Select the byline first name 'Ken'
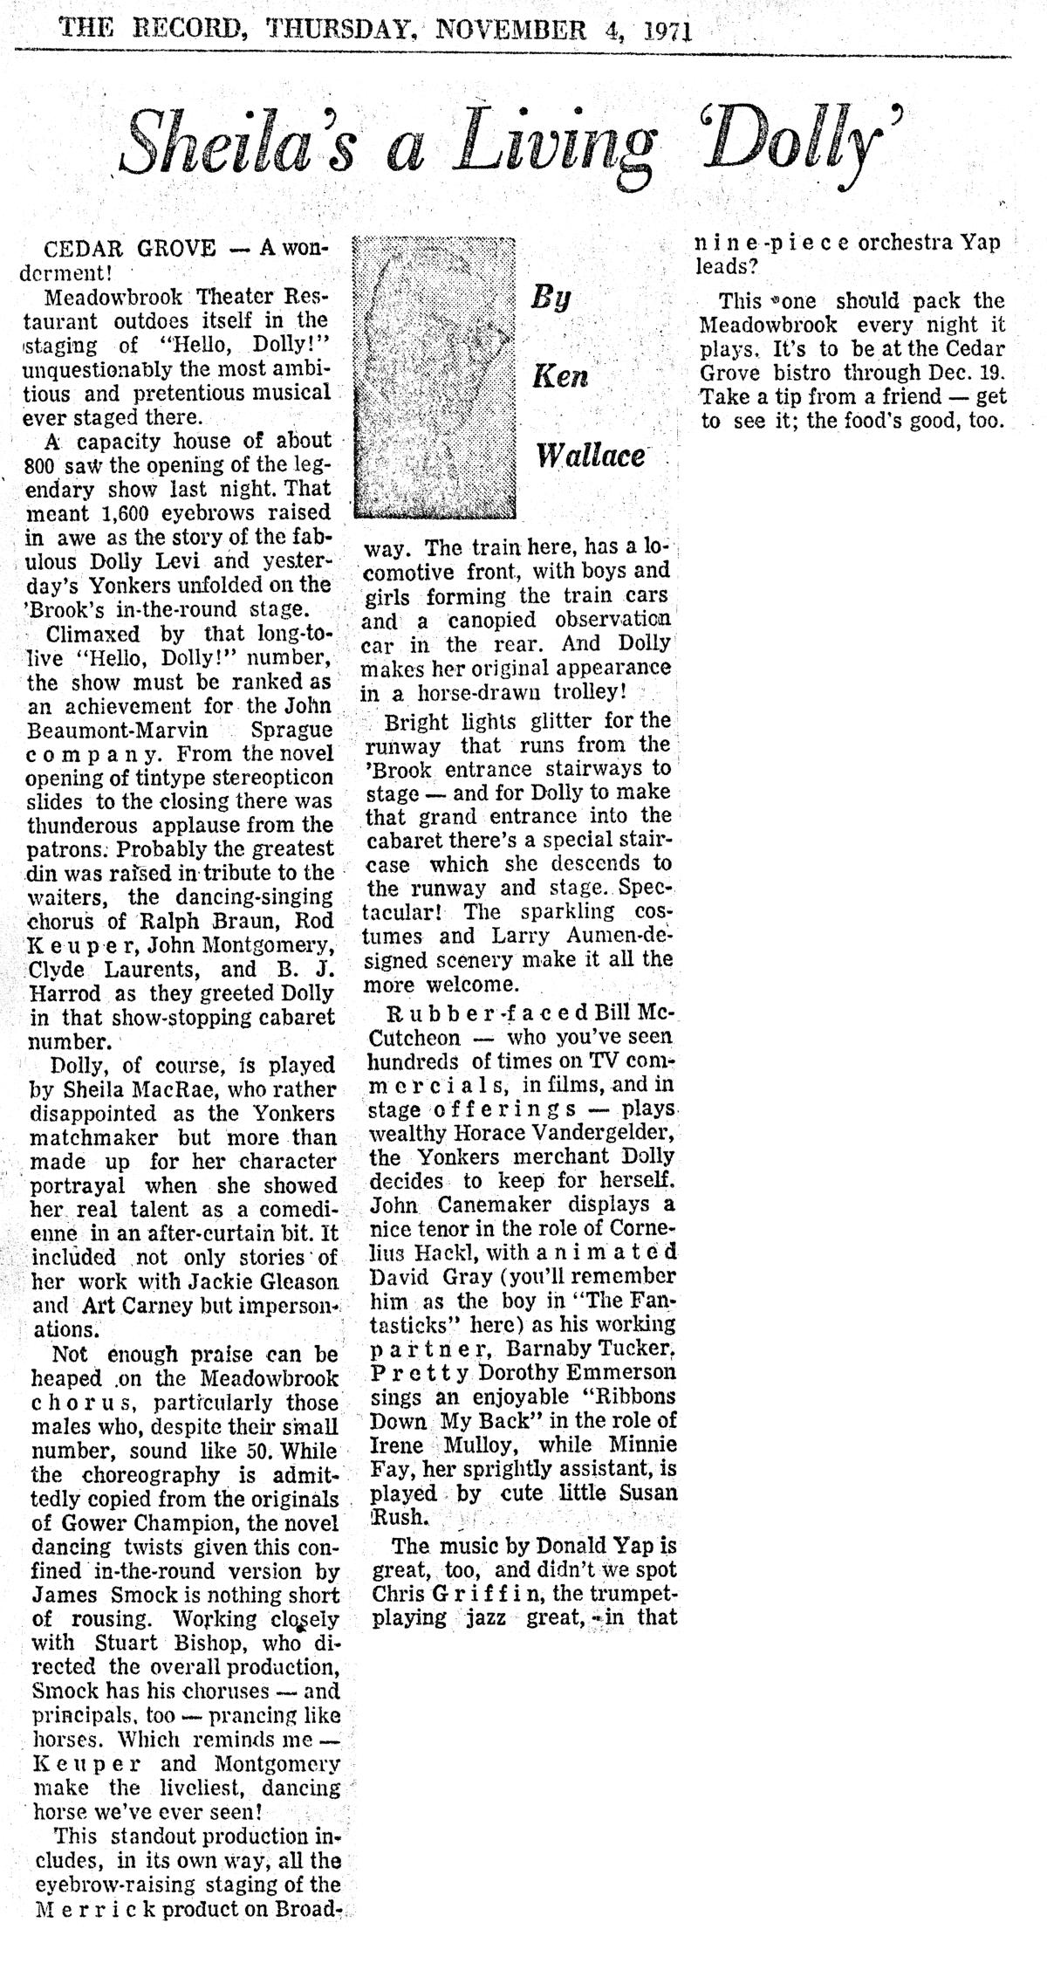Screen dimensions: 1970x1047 562,376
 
